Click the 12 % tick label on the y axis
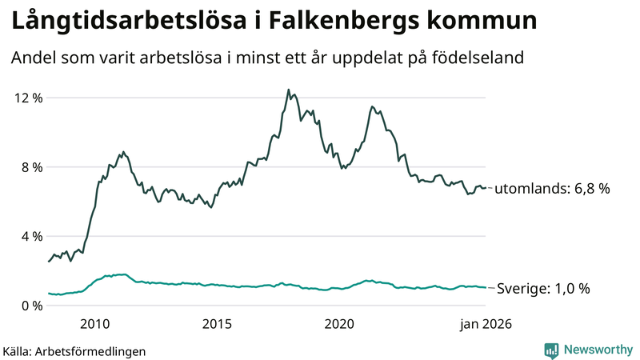[28, 98]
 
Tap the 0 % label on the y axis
[31, 306]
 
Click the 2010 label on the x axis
[95, 324]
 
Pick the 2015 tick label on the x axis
[217, 324]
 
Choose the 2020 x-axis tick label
[339, 324]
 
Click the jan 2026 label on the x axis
[485, 324]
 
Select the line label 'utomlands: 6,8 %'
[552, 190]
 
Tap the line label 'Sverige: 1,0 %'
[543, 289]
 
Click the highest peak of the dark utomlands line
[288, 90]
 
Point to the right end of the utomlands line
[486, 188]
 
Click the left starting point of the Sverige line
[49, 294]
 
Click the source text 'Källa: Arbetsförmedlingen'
[74, 350]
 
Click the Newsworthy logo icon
[551, 350]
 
